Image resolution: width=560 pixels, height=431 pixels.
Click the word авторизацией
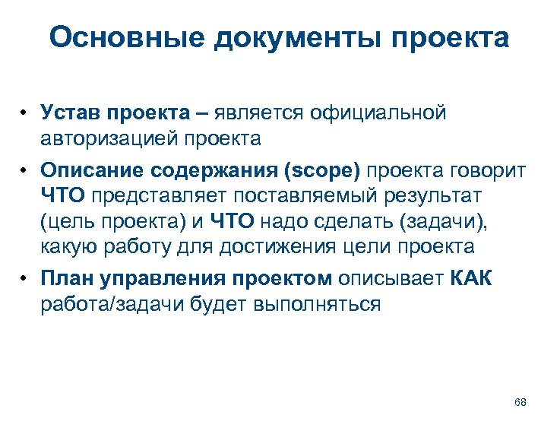(108, 139)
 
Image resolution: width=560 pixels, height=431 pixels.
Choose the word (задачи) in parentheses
(458, 220)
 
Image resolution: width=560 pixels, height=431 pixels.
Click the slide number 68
(520, 401)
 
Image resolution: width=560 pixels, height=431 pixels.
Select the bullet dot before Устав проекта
(25, 114)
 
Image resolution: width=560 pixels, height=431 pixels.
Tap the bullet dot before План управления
(25, 279)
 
